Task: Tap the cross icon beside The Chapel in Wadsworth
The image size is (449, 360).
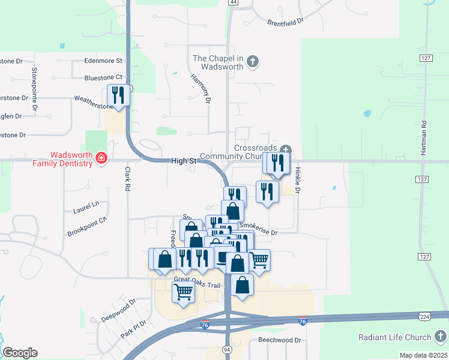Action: click(x=253, y=61)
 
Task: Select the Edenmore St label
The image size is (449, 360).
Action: click(x=103, y=61)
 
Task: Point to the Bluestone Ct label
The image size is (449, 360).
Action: click(x=103, y=77)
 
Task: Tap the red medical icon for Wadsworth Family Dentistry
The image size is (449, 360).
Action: click(x=101, y=158)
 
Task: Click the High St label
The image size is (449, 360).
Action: click(x=184, y=161)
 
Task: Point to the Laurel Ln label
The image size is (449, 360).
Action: click(x=86, y=207)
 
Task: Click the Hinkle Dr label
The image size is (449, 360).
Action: click(x=298, y=179)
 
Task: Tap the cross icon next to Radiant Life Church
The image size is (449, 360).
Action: click(x=441, y=337)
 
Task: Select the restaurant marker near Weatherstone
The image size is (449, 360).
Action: click(x=118, y=95)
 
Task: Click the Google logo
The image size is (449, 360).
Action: click(x=20, y=353)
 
